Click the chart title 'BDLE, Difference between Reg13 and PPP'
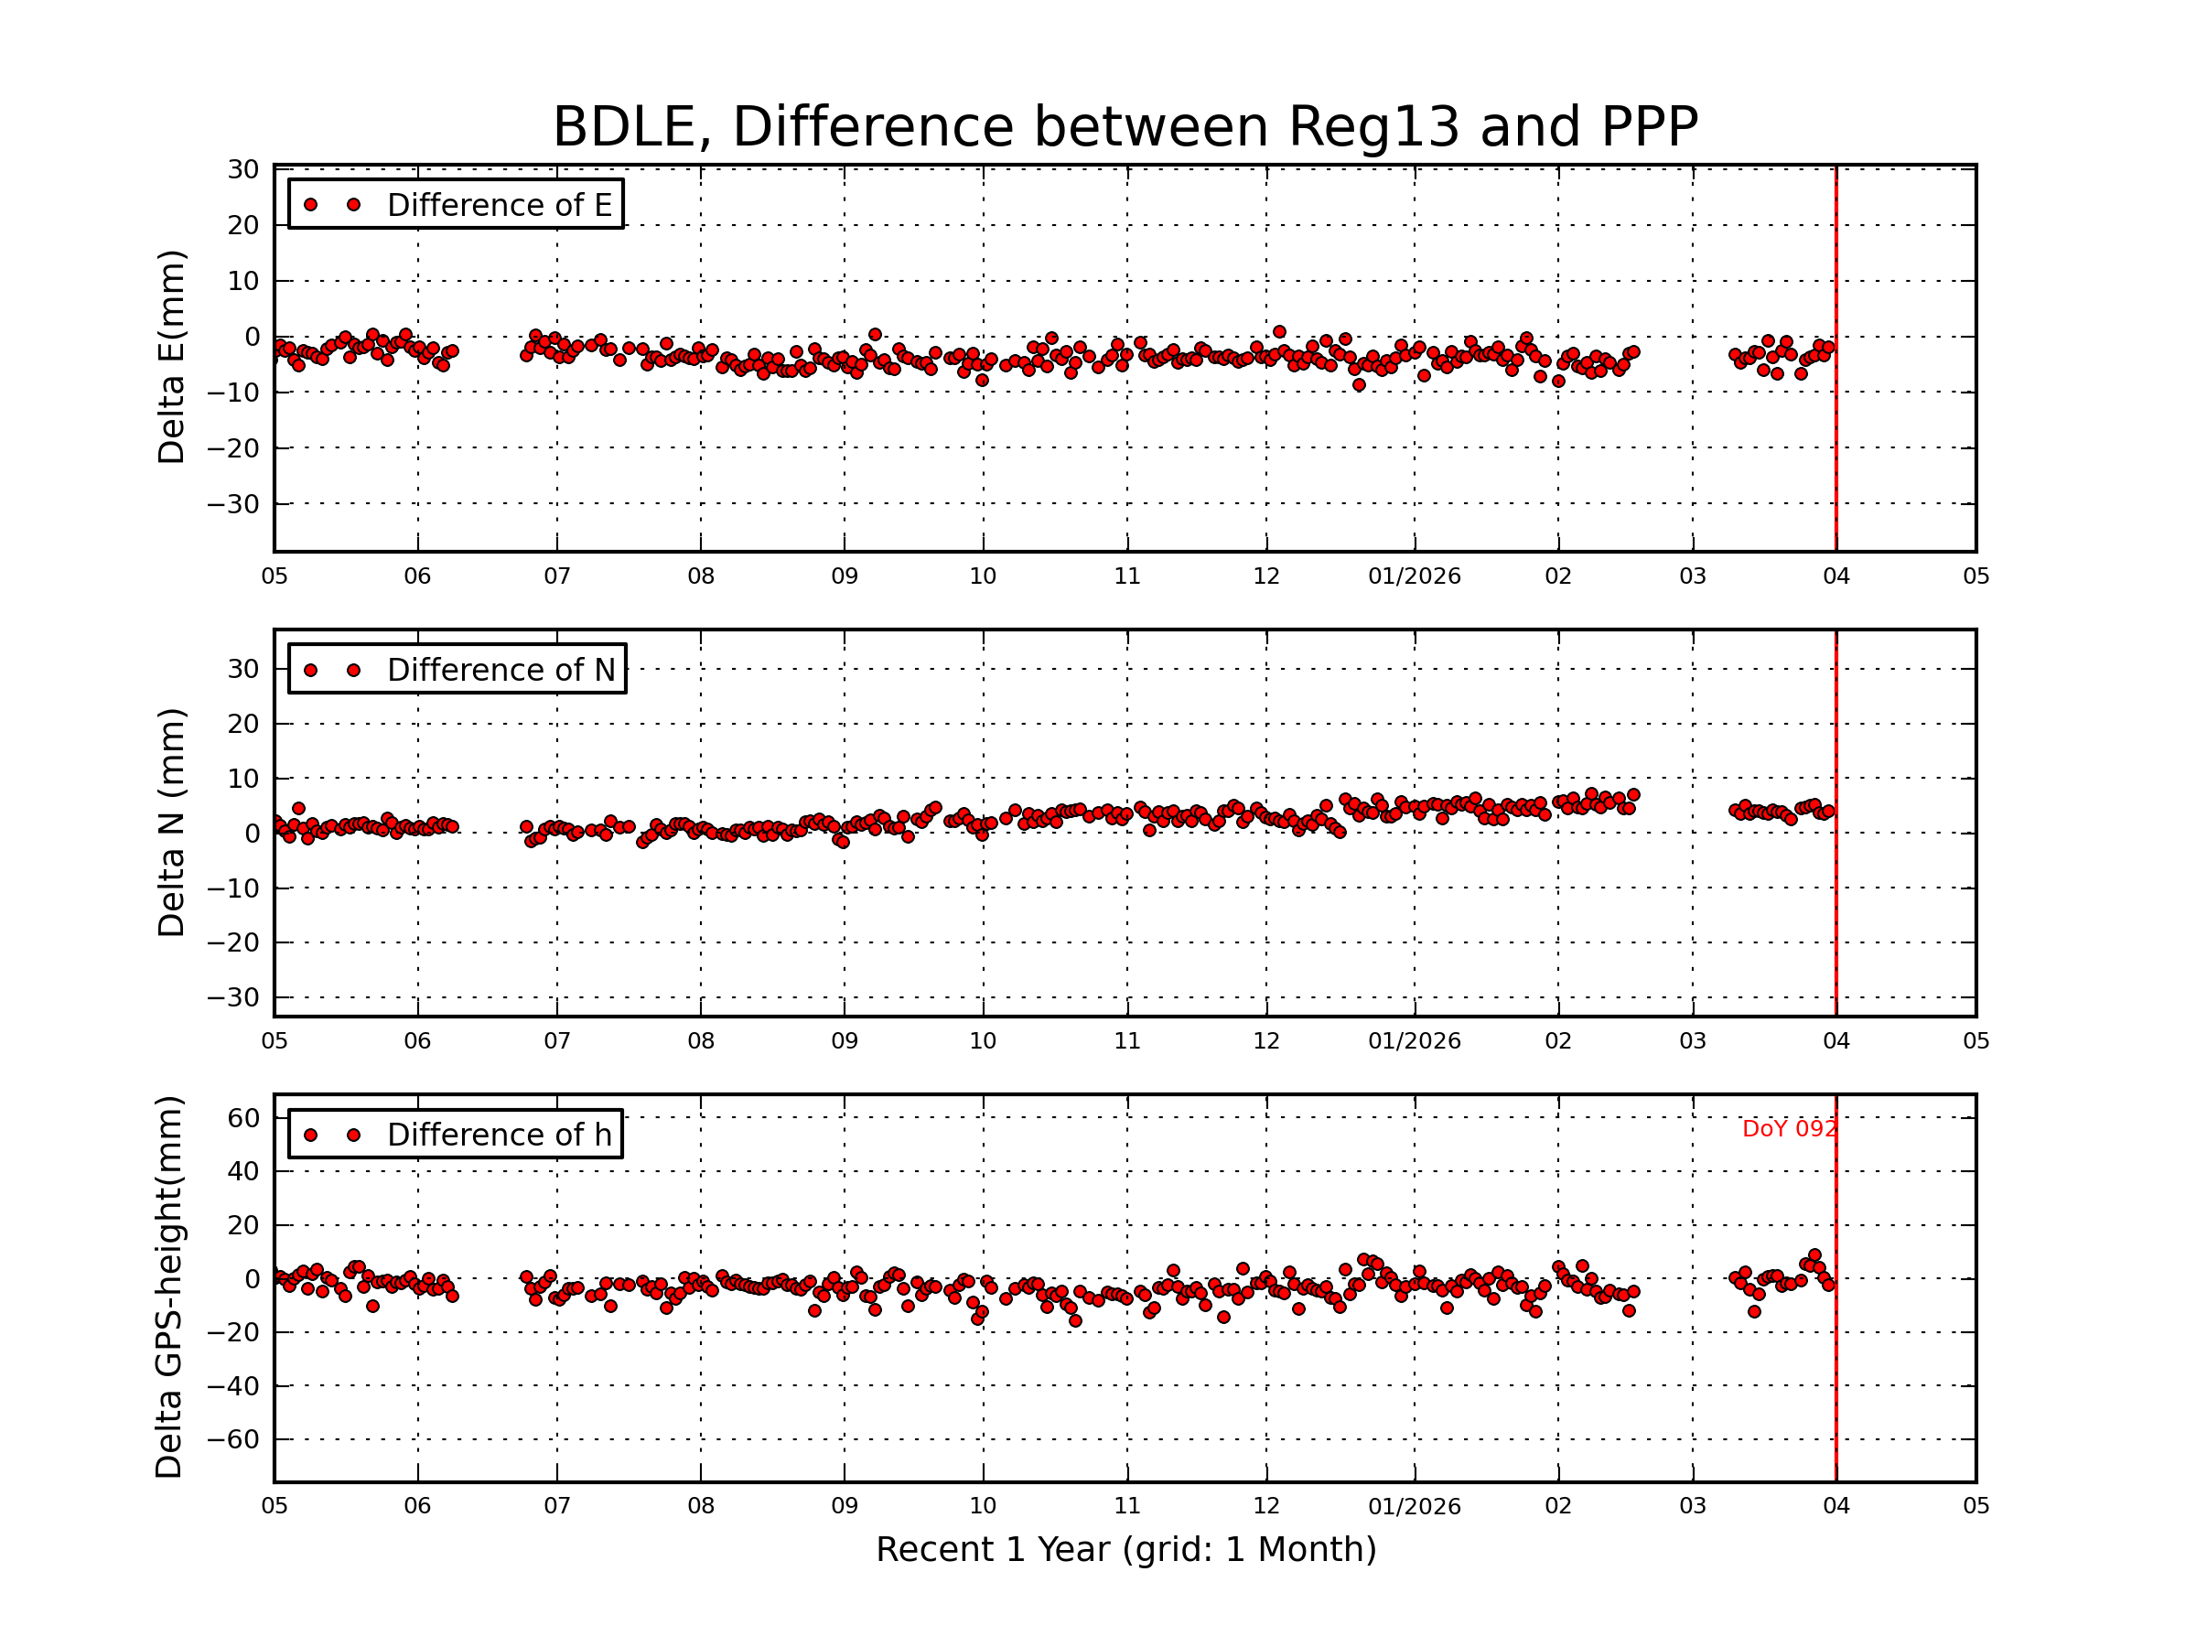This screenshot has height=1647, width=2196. [1125, 127]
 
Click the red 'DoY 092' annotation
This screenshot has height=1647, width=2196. [1789, 1129]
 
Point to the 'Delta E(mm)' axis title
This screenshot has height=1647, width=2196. [171, 358]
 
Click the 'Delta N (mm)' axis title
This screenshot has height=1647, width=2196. [171, 822]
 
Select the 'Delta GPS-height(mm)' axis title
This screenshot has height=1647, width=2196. [168, 1286]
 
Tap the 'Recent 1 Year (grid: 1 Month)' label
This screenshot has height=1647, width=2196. [1125, 1550]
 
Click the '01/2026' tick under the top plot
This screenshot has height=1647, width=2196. [1414, 576]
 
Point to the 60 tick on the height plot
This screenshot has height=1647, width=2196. [244, 1119]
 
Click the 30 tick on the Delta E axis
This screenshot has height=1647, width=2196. [244, 170]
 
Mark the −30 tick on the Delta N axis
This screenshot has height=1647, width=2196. [234, 997]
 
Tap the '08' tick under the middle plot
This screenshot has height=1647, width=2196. [701, 1041]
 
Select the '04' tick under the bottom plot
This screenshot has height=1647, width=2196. [1835, 1506]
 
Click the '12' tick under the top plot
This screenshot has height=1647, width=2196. [1265, 576]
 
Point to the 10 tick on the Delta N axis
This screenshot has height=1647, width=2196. [244, 780]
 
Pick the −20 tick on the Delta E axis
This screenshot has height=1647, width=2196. [234, 448]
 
